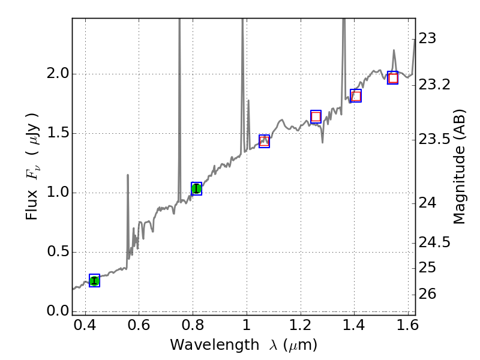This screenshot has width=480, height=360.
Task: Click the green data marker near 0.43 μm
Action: [94, 280]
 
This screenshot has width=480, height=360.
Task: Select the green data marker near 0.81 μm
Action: [196, 188]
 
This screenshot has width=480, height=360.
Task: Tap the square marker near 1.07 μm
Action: [264, 141]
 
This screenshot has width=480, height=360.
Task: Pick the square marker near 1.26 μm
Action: [316, 116]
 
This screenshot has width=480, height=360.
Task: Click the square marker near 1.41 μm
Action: [356, 95]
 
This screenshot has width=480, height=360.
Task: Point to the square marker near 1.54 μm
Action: [393, 78]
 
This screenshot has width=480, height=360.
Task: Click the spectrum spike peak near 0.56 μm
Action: [128, 175]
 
